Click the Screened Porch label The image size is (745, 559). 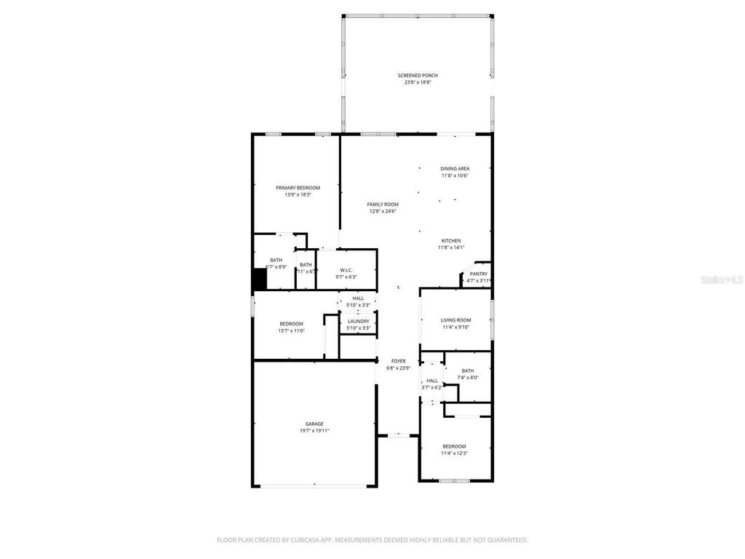(x=418, y=75)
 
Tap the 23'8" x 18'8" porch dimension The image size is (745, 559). (x=418, y=82)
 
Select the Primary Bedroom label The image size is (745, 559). (x=298, y=188)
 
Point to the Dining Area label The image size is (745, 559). (x=455, y=168)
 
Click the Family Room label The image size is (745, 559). (x=383, y=205)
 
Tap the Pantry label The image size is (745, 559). (x=479, y=274)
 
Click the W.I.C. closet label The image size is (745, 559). (x=346, y=270)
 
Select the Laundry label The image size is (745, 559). (x=358, y=321)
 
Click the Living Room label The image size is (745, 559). (x=456, y=320)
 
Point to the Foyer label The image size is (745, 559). (x=399, y=361)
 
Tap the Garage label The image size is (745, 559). (x=314, y=424)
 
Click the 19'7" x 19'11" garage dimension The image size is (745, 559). (x=314, y=431)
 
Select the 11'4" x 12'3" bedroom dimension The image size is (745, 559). (x=454, y=453)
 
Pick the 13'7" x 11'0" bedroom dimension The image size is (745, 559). (x=291, y=331)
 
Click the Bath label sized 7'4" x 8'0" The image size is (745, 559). (x=467, y=370)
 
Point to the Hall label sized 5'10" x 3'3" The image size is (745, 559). (x=358, y=298)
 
